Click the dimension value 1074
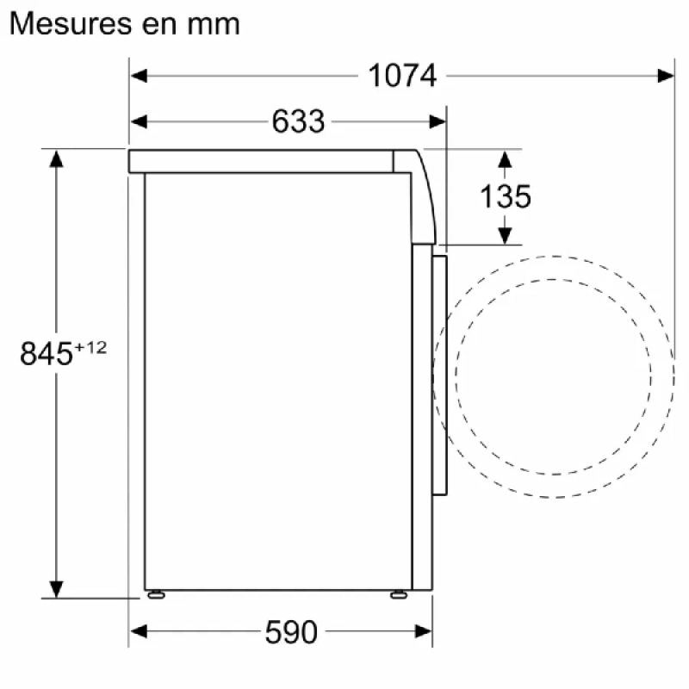(x=402, y=76)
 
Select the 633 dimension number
(x=298, y=121)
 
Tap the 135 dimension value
(x=506, y=196)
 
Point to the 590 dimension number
(x=291, y=632)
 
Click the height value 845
(x=47, y=353)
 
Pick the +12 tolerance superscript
(x=90, y=348)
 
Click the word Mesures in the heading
(x=71, y=24)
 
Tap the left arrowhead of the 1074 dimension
(x=139, y=76)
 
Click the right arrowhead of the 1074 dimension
(x=665, y=76)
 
